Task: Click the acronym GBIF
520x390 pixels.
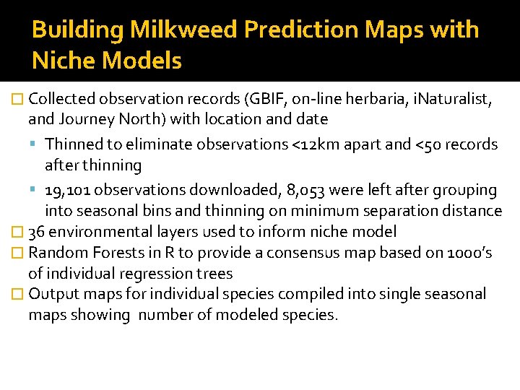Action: pos(263,99)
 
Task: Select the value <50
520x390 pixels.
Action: pos(427,144)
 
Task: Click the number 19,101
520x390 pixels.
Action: pos(65,191)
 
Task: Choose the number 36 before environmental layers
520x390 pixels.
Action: pos(36,232)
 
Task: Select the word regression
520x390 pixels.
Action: pos(154,273)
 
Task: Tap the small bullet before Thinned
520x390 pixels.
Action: pos(37,144)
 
